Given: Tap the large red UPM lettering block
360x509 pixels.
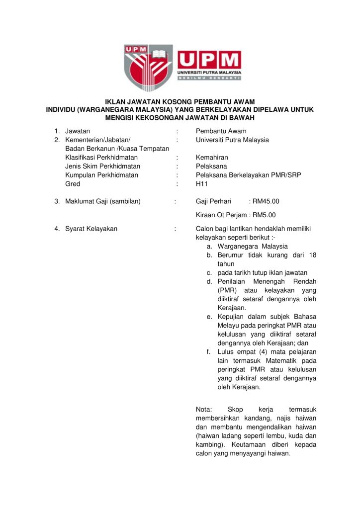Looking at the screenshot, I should coord(209,60).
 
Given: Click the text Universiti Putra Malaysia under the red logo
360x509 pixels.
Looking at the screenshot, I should coord(209,72).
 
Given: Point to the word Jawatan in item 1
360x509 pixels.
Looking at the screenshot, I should coord(78,131).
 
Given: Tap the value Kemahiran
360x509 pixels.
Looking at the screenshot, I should coord(212,158).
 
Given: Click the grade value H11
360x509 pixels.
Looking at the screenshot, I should coord(201,184).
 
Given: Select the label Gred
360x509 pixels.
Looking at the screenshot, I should coord(73,184).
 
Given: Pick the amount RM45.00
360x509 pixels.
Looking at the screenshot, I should coord(266,201).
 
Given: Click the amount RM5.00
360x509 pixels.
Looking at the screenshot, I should coord(264,215).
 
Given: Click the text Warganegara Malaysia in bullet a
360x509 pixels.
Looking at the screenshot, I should coord(253,246).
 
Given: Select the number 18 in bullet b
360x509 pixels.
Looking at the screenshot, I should coord(312,255).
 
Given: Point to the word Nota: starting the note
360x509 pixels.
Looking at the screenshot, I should coord(204,409).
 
